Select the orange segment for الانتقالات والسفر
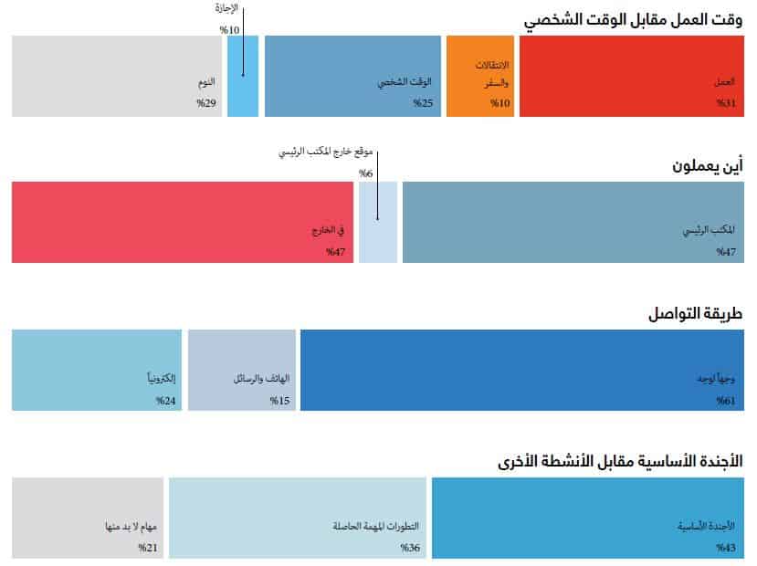click(480, 76)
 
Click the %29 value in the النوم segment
click(205, 103)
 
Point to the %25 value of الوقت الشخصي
click(423, 103)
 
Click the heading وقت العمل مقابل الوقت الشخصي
click(633, 20)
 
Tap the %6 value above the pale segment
click(365, 173)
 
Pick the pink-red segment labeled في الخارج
click(183, 222)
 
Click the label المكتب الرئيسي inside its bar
click(710, 231)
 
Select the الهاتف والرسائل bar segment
click(242, 370)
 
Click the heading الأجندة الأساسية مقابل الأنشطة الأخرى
click(621, 461)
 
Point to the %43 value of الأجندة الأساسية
click(725, 548)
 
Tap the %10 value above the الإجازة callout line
click(229, 30)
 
